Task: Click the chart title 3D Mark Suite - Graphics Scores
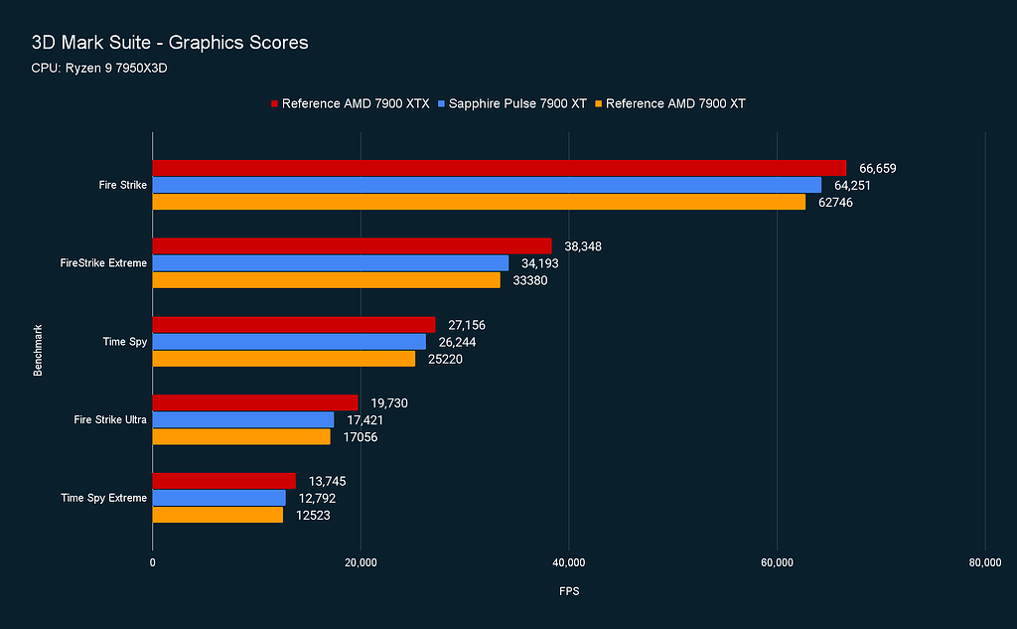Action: coord(170,43)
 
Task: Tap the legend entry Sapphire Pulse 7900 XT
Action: coord(517,103)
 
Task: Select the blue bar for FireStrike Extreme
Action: coord(330,263)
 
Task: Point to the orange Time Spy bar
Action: coord(283,359)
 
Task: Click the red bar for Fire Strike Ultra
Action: coord(254,402)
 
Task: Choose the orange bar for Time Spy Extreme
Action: coord(218,515)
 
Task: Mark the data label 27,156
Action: coord(467,325)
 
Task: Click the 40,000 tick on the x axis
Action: coord(568,562)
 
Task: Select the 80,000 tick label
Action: coord(983,562)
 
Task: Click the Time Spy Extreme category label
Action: coord(103,498)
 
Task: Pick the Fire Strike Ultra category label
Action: coord(110,419)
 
